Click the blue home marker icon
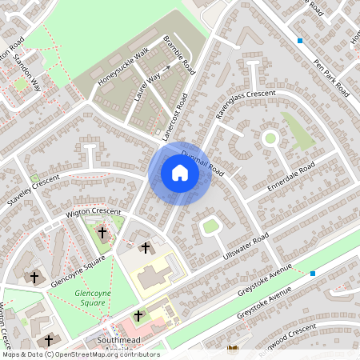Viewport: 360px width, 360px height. tap(180, 173)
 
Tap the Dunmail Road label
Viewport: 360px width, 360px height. tap(203, 163)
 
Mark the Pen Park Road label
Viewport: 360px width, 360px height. tap(332, 77)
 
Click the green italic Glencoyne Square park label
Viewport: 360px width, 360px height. tap(90, 298)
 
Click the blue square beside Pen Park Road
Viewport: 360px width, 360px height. tap(300, 40)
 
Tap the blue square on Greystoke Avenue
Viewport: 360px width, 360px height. tap(313, 274)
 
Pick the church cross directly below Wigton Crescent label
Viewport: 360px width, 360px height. tap(102, 233)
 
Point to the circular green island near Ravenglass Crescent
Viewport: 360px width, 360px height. tap(270, 138)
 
